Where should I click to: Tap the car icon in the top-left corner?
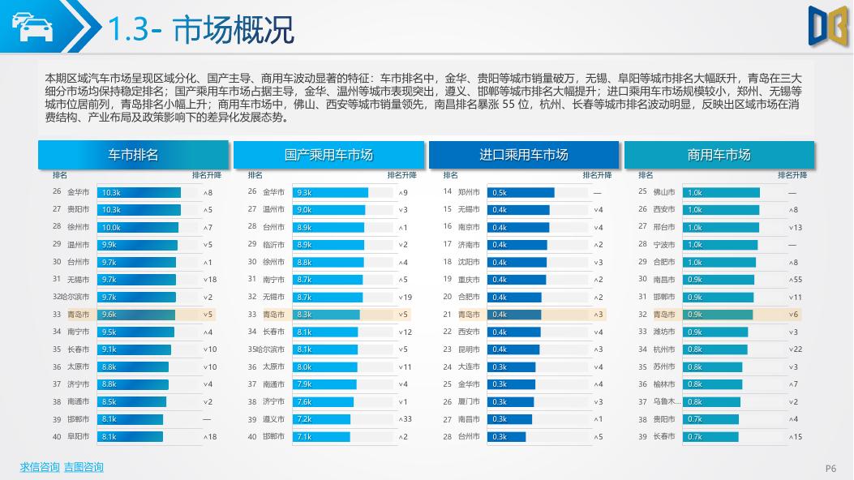(x=32, y=29)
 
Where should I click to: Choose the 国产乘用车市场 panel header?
(x=328, y=155)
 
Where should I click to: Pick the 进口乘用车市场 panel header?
(x=524, y=155)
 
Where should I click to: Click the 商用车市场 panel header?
(x=719, y=155)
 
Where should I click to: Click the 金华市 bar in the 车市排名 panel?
(x=139, y=193)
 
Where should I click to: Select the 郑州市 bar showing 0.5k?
(x=521, y=193)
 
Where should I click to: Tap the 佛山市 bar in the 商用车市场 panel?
(x=722, y=193)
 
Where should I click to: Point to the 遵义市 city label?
(x=274, y=419)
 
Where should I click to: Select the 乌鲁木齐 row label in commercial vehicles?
(x=664, y=402)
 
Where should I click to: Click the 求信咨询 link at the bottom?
(x=40, y=467)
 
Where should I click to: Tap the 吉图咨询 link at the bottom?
(x=84, y=467)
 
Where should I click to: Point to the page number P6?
(x=830, y=468)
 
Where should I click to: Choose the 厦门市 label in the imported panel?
(x=469, y=402)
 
